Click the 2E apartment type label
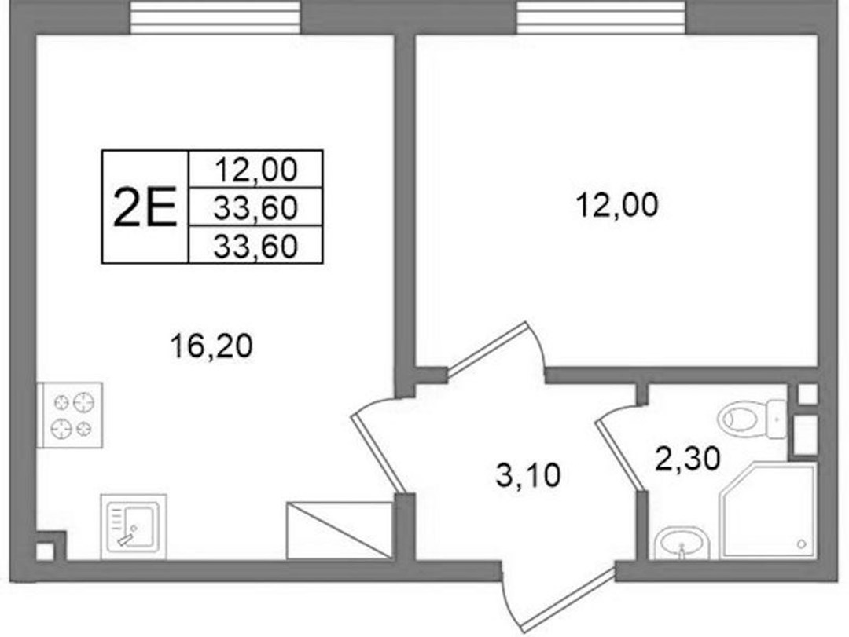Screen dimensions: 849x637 tap(145, 207)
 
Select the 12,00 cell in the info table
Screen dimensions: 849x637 tap(255, 170)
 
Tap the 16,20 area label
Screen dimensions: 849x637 tap(211, 346)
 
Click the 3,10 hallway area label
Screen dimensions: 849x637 tap(528, 476)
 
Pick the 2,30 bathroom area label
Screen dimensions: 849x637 tap(687, 459)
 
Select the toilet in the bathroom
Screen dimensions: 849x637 tap(752, 419)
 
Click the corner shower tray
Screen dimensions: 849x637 tap(767, 510)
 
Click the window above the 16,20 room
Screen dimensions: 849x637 tap(215, 16)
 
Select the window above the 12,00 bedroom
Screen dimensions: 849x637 tap(602, 16)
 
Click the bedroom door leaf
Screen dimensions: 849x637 tap(487, 347)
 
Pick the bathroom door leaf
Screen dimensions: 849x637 tap(619, 456)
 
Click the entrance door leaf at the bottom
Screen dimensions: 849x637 tap(570, 599)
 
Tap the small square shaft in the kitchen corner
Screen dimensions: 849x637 tap(45, 551)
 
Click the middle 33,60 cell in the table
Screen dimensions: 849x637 tap(255, 207)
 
